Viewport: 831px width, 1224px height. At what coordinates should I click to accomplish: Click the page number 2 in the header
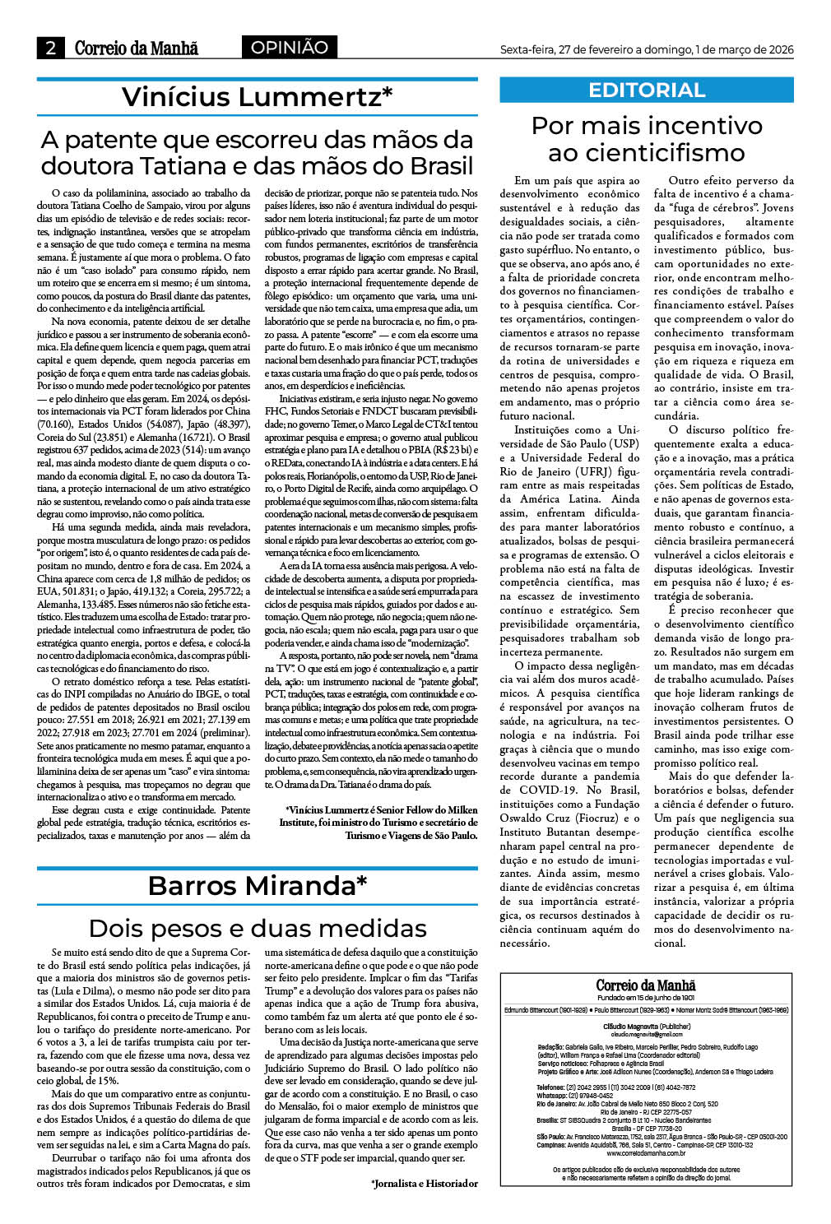click(50, 49)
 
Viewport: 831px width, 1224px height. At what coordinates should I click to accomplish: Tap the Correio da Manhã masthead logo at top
click(137, 49)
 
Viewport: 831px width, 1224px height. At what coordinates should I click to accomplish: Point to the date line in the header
click(647, 50)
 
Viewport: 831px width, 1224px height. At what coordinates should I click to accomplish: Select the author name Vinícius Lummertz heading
click(257, 97)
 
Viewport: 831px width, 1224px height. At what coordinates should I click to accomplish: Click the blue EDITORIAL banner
click(647, 90)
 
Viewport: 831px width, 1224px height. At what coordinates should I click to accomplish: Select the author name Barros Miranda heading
click(257, 886)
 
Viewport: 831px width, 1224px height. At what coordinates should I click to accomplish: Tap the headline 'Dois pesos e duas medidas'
click(257, 928)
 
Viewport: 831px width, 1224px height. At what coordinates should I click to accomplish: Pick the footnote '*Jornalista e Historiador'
click(424, 1183)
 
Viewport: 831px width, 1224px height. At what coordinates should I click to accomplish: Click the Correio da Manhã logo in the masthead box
click(646, 985)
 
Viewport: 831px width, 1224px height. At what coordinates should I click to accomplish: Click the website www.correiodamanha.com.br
click(646, 1152)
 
